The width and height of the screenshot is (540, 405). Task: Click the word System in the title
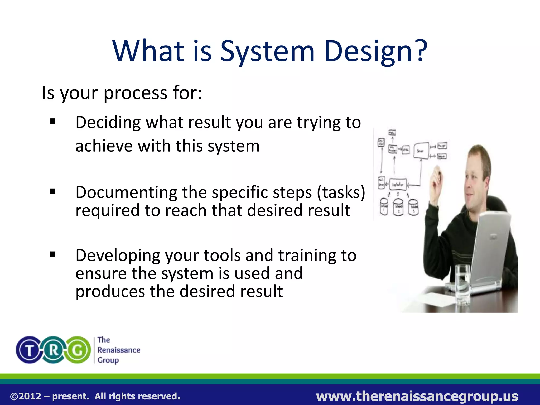[267, 51]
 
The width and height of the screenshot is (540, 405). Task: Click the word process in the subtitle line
[136, 93]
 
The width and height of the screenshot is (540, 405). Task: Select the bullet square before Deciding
[52, 122]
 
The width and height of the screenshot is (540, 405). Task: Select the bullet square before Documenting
[52, 191]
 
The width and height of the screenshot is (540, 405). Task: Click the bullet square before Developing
[52, 254]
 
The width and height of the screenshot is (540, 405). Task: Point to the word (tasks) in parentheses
[341, 192]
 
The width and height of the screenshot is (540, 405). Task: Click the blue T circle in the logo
[30, 350]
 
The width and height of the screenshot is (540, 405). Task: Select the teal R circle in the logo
[54, 350]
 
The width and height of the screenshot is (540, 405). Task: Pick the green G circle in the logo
[78, 350]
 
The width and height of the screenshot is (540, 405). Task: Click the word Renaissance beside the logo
[119, 350]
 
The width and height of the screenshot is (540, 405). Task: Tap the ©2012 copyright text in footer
[26, 396]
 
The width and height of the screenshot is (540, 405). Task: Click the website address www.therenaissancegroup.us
[417, 396]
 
